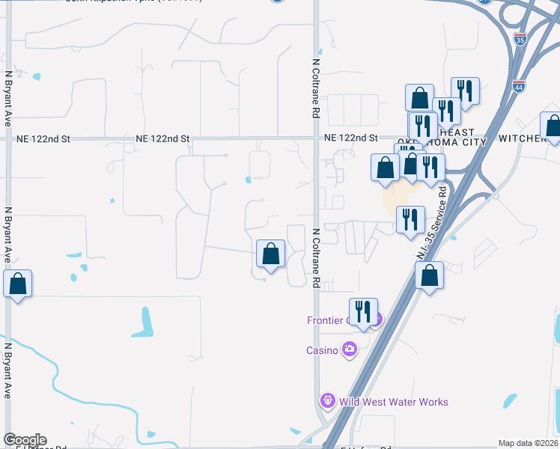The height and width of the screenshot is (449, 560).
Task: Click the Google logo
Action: (25, 440)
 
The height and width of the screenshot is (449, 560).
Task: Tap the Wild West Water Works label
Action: (394, 402)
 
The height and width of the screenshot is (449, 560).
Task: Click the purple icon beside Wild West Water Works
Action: (326, 402)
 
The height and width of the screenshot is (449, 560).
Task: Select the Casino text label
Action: (323, 350)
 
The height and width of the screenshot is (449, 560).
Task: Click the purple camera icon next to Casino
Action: (349, 349)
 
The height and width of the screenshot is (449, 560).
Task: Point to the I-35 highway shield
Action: (520, 39)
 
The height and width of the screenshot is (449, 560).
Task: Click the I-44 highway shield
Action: (519, 87)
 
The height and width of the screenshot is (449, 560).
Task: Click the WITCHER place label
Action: (521, 139)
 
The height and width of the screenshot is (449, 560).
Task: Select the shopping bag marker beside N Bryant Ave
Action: (17, 284)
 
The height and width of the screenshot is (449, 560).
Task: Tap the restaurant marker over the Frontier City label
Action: (363, 311)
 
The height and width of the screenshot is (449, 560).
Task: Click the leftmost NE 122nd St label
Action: (44, 139)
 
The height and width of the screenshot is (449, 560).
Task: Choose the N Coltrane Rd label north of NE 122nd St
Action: (316, 89)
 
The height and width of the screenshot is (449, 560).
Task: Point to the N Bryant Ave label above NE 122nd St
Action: (7, 97)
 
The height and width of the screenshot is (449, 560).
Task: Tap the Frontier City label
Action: (328, 320)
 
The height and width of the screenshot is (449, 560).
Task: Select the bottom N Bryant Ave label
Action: (7, 370)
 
